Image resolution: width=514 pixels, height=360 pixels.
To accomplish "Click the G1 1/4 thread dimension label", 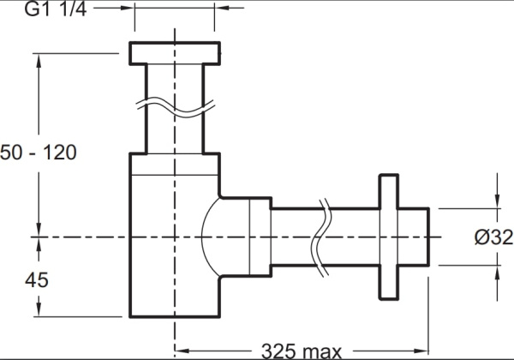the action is [56, 9].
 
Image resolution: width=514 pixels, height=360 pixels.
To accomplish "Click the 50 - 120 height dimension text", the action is [39, 153].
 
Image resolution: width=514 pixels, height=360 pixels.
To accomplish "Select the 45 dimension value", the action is [37, 280].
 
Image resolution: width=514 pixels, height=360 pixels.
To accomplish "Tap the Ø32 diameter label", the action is [493, 237].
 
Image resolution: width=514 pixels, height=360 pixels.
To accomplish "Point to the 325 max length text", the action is [302, 351].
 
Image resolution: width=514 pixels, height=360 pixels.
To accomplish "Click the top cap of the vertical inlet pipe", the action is [175, 53].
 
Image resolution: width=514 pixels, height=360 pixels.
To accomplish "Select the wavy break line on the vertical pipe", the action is [176, 107].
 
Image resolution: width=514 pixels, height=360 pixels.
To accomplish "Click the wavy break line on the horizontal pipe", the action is [321, 237].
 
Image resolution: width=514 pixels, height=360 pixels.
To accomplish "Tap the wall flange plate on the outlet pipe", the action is [389, 237].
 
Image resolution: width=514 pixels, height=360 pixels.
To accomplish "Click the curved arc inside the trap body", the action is [211, 237].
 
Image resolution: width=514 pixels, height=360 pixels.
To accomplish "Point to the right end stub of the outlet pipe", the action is [414, 237].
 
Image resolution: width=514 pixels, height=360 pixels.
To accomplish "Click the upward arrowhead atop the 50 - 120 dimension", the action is [39, 61].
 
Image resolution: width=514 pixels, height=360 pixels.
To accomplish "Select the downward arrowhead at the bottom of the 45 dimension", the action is [39, 309].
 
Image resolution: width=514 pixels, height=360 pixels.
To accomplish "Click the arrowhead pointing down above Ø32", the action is [497, 201].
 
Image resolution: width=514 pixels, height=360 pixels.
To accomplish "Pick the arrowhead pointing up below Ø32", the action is [497, 273].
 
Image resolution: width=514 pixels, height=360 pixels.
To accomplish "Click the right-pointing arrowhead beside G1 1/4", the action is [127, 7].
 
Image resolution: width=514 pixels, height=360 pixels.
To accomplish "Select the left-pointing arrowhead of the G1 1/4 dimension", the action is [222, 7].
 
